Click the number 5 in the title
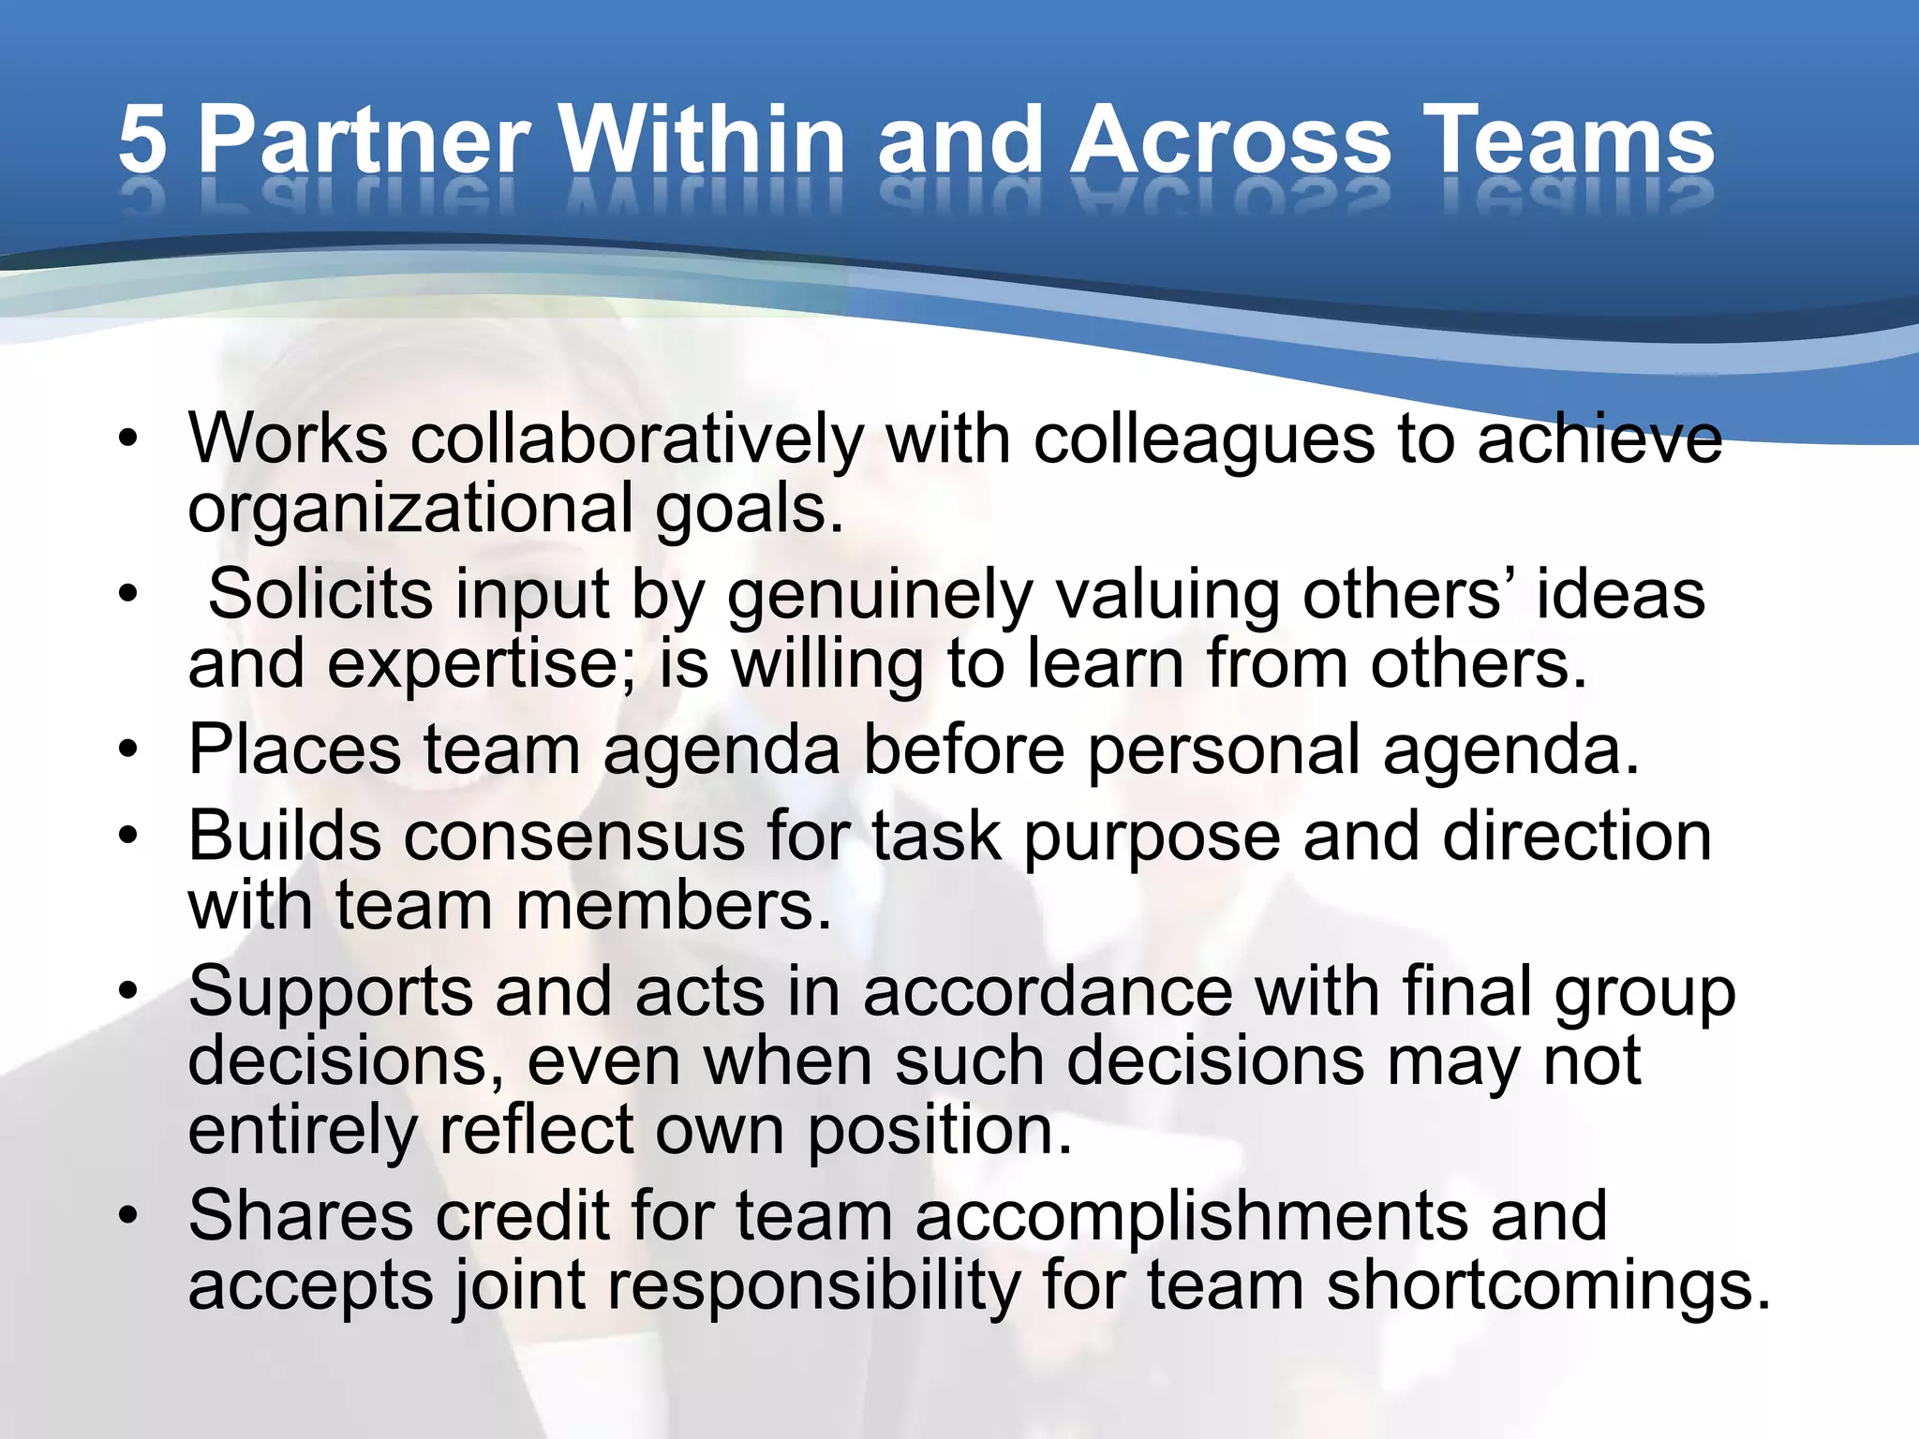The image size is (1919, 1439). tap(142, 141)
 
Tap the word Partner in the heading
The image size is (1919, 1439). tap(364, 141)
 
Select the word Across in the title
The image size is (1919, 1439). tap(1230, 141)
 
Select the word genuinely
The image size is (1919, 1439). tap(880, 596)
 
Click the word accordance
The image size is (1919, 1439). tap(1048, 991)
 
